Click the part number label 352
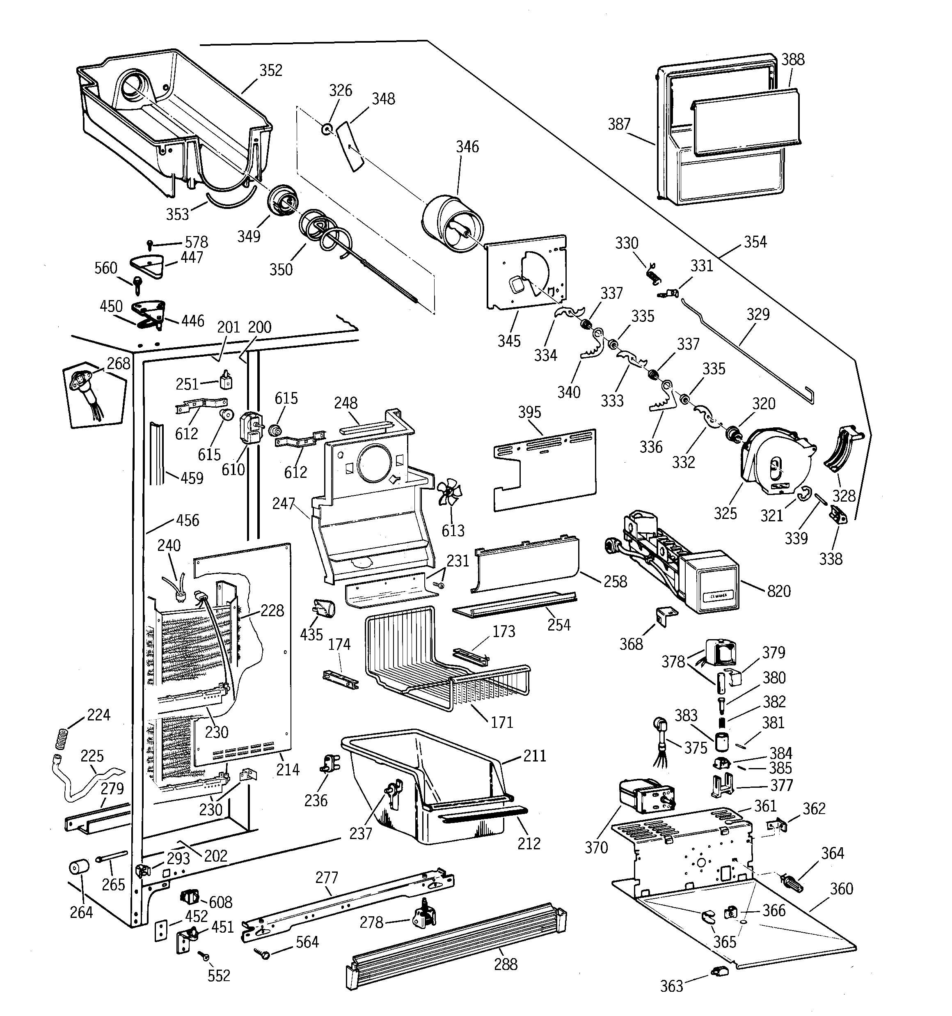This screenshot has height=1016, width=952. tap(270, 71)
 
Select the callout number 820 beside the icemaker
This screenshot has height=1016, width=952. tap(778, 591)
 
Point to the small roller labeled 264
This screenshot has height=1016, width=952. tap(79, 867)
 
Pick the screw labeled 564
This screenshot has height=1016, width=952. tap(265, 953)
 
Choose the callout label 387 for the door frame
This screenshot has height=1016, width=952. tap(619, 124)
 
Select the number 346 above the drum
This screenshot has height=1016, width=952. tap(467, 147)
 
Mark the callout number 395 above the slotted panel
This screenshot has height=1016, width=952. tap(529, 413)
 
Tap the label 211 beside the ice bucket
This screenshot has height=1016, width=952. tap(535, 756)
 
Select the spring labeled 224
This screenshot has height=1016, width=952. tap(61, 738)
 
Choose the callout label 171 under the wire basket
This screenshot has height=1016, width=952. tap(501, 722)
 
